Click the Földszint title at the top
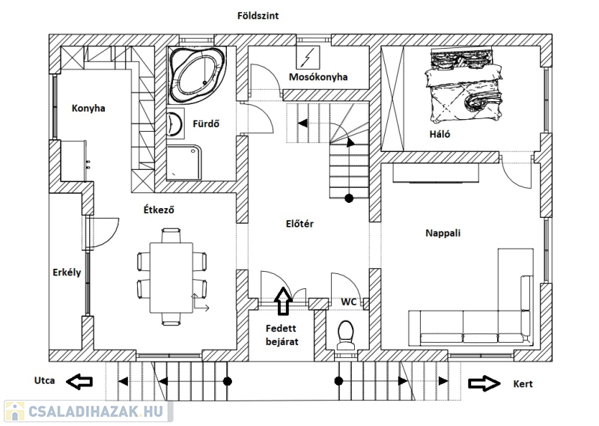(258, 16)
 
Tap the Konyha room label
(88, 108)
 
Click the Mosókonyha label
(318, 76)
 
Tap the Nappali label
(443, 233)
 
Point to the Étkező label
(159, 210)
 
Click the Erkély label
(67, 272)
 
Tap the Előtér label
(299, 222)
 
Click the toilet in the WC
(345, 335)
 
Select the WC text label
(349, 302)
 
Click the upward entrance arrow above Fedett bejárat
(283, 300)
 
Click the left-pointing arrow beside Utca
(79, 382)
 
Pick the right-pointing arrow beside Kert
(485, 383)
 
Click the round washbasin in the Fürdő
(176, 124)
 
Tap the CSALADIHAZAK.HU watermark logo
(87, 411)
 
